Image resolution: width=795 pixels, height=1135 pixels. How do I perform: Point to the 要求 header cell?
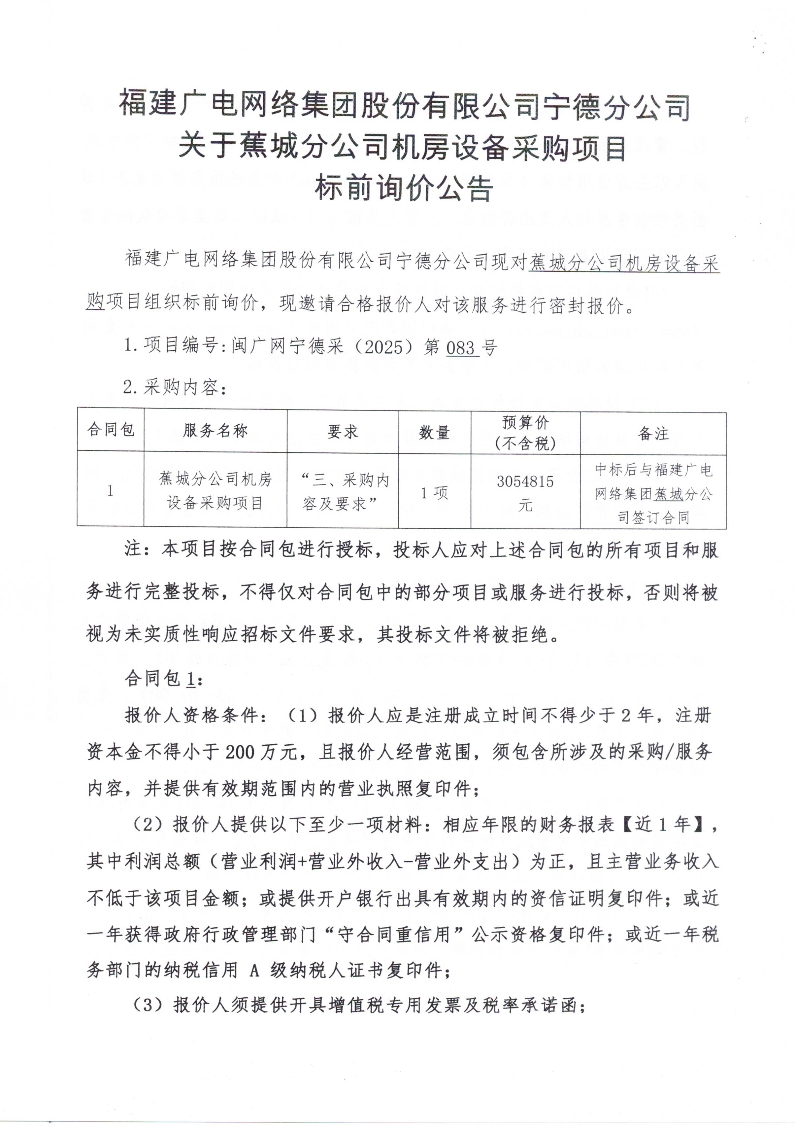(343, 432)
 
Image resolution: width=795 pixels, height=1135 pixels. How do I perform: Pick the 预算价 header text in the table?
(525, 423)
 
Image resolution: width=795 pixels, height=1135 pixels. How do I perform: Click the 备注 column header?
(653, 434)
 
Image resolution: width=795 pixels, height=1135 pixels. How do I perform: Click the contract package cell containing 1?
(110, 490)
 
